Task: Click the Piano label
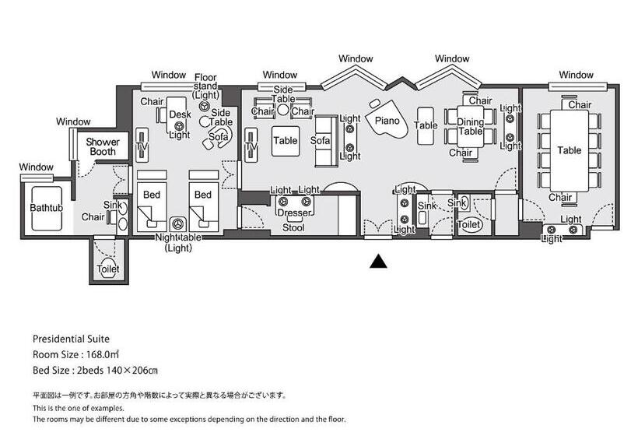[x=387, y=121]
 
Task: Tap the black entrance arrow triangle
[x=377, y=262]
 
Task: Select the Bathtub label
[x=44, y=209]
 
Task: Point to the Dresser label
[x=293, y=213]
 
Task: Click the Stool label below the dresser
[x=293, y=228]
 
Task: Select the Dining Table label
[x=469, y=126]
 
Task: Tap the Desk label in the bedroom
[x=180, y=114]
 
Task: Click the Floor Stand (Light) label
[x=205, y=86]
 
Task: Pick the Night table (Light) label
[x=179, y=242]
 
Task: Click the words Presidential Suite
[x=71, y=339]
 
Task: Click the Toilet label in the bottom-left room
[x=109, y=269]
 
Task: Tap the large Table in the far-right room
[x=569, y=150]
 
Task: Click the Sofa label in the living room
[x=321, y=141]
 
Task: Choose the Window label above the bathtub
[x=37, y=167]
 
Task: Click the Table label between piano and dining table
[x=426, y=125]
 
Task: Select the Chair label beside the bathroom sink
[x=93, y=216]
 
